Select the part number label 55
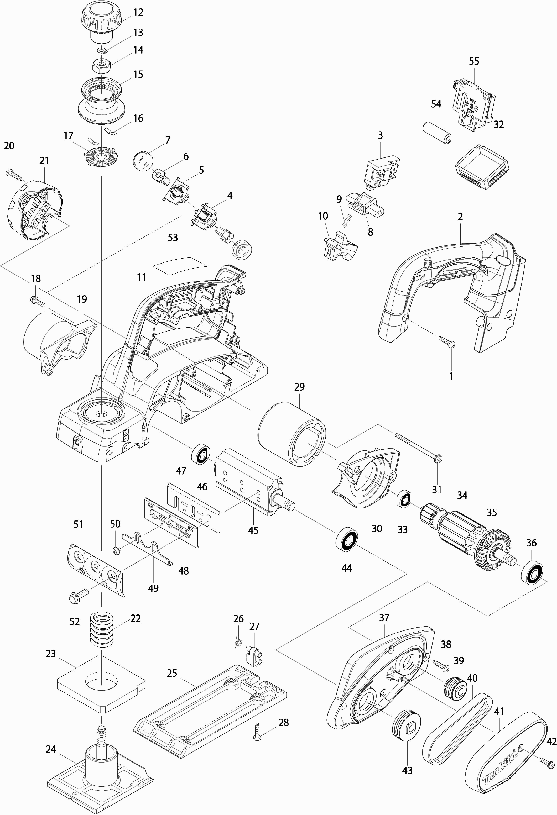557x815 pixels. pyautogui.click(x=473, y=61)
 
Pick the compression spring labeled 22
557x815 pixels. pyautogui.click(x=102, y=629)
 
